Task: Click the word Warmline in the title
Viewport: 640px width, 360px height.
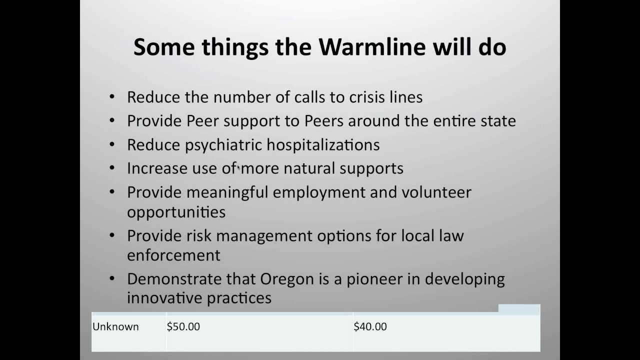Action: (372, 47)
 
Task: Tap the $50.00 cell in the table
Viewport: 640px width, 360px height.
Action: (183, 326)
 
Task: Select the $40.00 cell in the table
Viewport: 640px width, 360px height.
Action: (370, 326)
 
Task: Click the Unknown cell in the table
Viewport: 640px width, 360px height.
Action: (115, 326)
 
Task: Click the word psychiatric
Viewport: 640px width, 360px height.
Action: (223, 145)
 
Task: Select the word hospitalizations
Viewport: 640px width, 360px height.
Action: (323, 145)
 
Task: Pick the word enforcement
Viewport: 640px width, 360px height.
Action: (173, 255)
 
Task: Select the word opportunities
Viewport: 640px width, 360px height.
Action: (176, 212)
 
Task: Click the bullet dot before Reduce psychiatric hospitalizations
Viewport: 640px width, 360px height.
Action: (112, 144)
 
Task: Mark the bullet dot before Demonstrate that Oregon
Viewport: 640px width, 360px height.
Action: (112, 278)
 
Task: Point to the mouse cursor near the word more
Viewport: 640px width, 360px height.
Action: (239, 169)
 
